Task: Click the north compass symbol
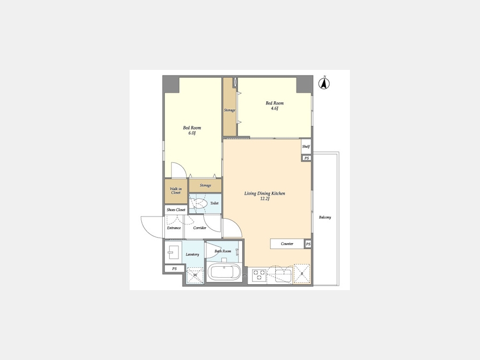(324, 83)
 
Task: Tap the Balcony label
(325, 218)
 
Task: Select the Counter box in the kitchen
(287, 244)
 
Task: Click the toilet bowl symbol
(199, 204)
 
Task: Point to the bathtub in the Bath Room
(224, 272)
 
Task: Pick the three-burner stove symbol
(259, 274)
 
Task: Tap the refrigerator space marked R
(301, 274)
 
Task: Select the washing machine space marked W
(195, 275)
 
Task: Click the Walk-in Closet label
(175, 191)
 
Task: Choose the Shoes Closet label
(176, 210)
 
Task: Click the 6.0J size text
(192, 133)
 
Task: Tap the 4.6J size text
(274, 108)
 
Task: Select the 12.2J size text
(265, 199)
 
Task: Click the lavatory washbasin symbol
(173, 252)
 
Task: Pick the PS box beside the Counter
(308, 244)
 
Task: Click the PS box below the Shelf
(307, 158)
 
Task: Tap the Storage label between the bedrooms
(229, 110)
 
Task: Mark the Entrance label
(174, 228)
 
